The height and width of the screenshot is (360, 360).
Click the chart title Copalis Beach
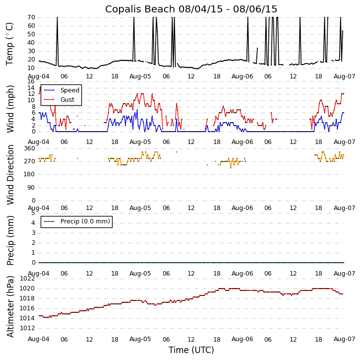click(x=191, y=9)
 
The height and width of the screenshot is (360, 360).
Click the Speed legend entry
click(x=69, y=90)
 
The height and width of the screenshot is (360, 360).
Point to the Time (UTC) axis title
click(x=191, y=350)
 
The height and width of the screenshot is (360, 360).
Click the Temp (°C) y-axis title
click(x=10, y=43)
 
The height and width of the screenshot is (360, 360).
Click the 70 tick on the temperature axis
click(x=31, y=17)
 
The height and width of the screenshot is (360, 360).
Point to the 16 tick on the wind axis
click(x=31, y=81)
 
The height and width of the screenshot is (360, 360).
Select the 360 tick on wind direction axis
click(x=29, y=148)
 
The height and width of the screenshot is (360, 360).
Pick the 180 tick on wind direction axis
click(x=29, y=174)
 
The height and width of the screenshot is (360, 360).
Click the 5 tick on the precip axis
click(x=33, y=213)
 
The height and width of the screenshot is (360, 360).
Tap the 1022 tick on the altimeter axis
click(x=28, y=279)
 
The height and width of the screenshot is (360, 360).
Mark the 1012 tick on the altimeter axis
click(x=28, y=328)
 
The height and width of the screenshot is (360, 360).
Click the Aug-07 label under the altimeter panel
click(x=345, y=339)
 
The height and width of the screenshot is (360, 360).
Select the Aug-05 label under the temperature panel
click(x=140, y=76)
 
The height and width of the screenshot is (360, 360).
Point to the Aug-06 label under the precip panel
click(x=242, y=274)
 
